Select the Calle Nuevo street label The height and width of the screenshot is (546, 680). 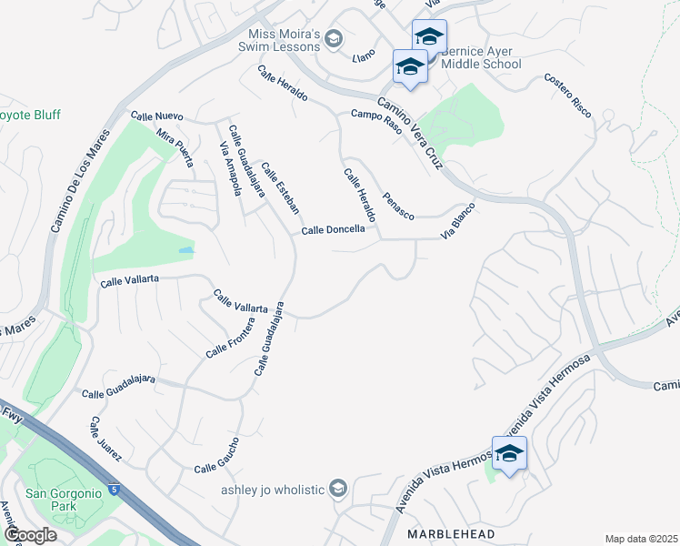pos(157,116)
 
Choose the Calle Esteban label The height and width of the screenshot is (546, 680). pos(280,187)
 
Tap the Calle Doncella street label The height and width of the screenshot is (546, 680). pos(334,230)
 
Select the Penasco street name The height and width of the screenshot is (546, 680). pos(398,205)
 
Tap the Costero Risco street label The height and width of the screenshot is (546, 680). pos(568,95)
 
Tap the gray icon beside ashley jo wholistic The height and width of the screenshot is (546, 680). pos(338,490)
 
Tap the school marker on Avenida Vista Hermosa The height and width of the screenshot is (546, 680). pos(509,454)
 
